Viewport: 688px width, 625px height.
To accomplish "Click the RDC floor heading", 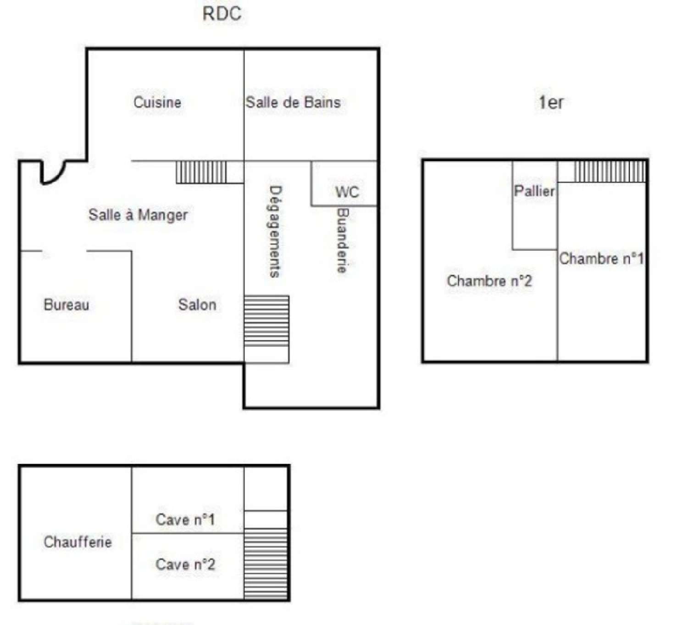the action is click(222, 14).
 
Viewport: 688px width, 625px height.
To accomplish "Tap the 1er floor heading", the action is click(551, 102).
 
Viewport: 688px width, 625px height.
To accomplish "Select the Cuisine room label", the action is click(157, 102).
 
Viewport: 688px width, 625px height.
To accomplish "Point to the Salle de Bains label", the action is click(293, 102).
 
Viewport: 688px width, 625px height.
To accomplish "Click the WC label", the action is click(347, 192).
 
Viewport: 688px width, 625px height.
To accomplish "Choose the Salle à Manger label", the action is click(138, 215).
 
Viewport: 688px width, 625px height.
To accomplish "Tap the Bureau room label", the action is click(67, 304).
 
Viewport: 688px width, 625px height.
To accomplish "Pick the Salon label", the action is click(197, 304).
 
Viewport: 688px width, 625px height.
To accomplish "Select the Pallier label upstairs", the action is click(534, 191).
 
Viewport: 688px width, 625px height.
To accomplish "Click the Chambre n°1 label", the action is click(601, 258).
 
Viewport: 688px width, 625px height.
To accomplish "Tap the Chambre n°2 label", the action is click(489, 281).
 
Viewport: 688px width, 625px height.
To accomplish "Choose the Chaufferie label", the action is click(78, 542).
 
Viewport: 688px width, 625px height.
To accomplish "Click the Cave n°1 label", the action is click(185, 520).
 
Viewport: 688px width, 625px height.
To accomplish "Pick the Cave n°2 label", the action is click(185, 564).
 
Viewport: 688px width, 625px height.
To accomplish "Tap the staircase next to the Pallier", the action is click(610, 171).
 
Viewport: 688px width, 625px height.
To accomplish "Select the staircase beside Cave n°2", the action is click(266, 564).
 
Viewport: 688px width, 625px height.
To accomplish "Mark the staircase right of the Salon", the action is click(266, 321).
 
